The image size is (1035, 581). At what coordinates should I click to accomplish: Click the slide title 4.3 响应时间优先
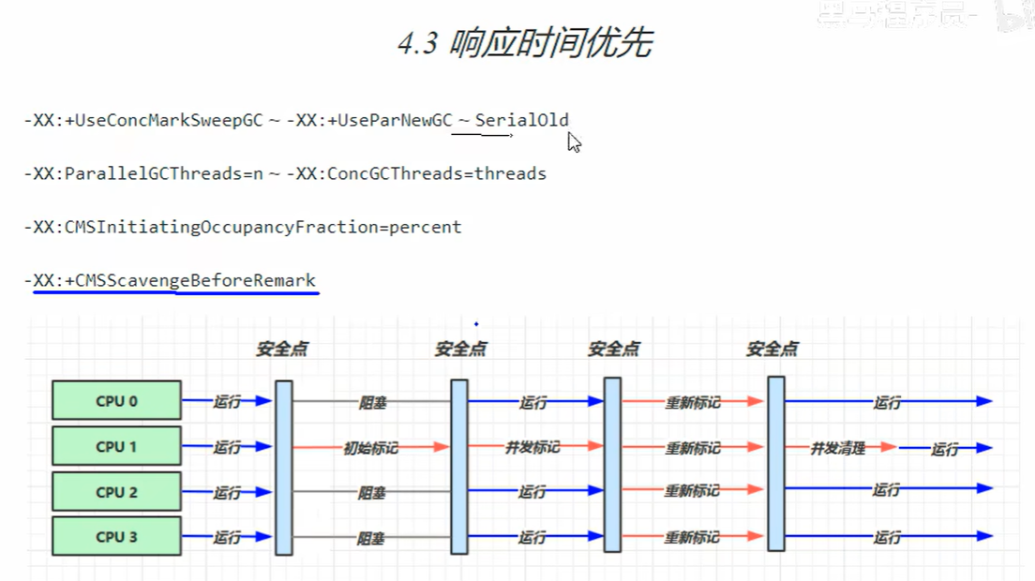pyautogui.click(x=525, y=43)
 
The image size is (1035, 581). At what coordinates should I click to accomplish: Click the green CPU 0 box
pyautogui.click(x=116, y=401)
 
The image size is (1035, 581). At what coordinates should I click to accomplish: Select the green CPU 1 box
pyautogui.click(x=116, y=446)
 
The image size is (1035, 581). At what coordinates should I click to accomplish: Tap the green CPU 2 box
pyautogui.click(x=116, y=491)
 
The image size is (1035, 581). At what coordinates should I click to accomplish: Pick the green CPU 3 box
pyautogui.click(x=116, y=537)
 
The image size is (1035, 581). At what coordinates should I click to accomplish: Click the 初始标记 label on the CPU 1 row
pyautogui.click(x=370, y=448)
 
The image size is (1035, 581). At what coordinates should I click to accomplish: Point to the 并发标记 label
pyautogui.click(x=532, y=447)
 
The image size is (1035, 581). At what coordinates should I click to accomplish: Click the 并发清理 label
pyautogui.click(x=837, y=448)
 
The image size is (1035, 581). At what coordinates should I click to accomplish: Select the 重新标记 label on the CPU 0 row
pyautogui.click(x=693, y=402)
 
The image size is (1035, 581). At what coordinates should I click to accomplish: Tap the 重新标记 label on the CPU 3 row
pyautogui.click(x=693, y=538)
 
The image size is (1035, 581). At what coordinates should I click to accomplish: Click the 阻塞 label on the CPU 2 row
pyautogui.click(x=372, y=493)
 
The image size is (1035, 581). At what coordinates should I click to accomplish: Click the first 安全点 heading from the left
pyautogui.click(x=282, y=350)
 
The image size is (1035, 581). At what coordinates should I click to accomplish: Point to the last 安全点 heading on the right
pyautogui.click(x=772, y=350)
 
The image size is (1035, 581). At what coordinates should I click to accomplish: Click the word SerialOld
pyautogui.click(x=522, y=120)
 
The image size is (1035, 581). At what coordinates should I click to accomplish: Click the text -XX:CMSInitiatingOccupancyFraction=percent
pyautogui.click(x=243, y=227)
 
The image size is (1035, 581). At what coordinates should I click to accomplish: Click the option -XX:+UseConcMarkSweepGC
pyautogui.click(x=144, y=120)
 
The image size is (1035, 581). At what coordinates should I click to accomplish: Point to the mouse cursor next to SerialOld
pyautogui.click(x=574, y=142)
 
